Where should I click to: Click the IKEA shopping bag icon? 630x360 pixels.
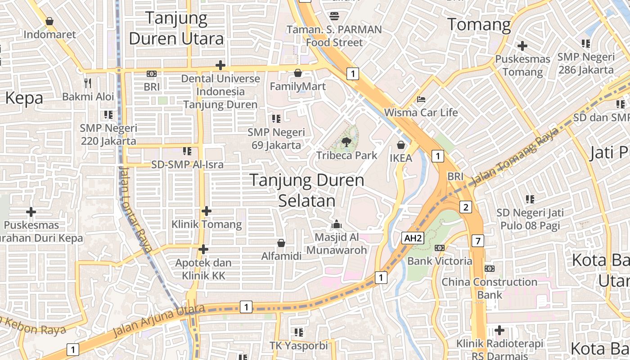[401, 145]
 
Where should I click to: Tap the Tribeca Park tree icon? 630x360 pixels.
[346, 143]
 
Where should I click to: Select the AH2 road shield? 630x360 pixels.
[413, 238]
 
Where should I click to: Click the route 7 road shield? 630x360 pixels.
[478, 241]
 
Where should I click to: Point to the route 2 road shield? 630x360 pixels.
[465, 207]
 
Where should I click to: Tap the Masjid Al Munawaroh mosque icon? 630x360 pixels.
[336, 224]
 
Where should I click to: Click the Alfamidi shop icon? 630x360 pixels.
[281, 243]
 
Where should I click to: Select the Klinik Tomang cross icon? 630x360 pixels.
[206, 211]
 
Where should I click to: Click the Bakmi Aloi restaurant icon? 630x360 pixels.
[88, 83]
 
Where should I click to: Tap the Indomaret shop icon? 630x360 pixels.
[49, 21]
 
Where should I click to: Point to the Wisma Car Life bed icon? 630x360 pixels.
[421, 99]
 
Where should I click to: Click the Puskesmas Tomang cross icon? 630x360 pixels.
[522, 45]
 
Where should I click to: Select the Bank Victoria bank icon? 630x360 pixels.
[440, 247]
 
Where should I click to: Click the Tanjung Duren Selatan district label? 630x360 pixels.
[307, 190]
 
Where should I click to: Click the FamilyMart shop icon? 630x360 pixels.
[297, 73]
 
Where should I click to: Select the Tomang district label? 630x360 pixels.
[479, 24]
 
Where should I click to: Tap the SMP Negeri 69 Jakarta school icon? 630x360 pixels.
[276, 119]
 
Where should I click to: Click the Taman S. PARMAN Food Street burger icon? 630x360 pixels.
[334, 16]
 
